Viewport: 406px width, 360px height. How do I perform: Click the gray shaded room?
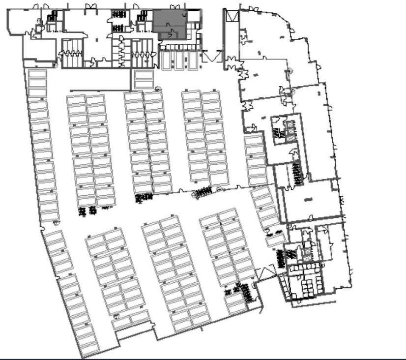pos(170,24)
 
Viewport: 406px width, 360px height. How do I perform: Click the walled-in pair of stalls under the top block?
pos(144,79)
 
